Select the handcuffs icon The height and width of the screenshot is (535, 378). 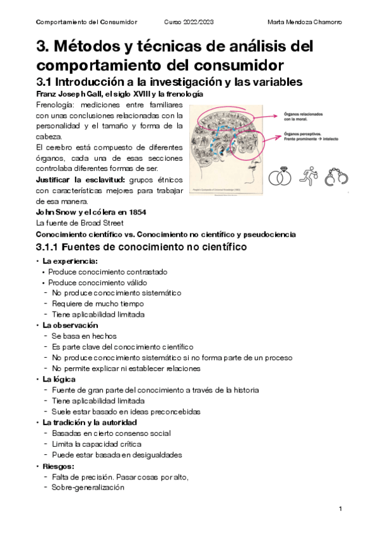(x=337, y=178)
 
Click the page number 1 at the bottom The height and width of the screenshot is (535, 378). (x=340, y=509)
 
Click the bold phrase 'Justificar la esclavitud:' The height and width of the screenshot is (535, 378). (x=78, y=180)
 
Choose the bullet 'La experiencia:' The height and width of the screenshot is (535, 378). (x=70, y=261)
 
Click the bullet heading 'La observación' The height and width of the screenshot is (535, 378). (x=70, y=325)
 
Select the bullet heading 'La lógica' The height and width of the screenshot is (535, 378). (x=59, y=379)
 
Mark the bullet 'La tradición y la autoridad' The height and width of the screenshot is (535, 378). (x=90, y=422)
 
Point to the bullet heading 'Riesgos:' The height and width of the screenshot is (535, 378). (x=59, y=466)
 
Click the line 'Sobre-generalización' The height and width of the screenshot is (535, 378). (x=88, y=486)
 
